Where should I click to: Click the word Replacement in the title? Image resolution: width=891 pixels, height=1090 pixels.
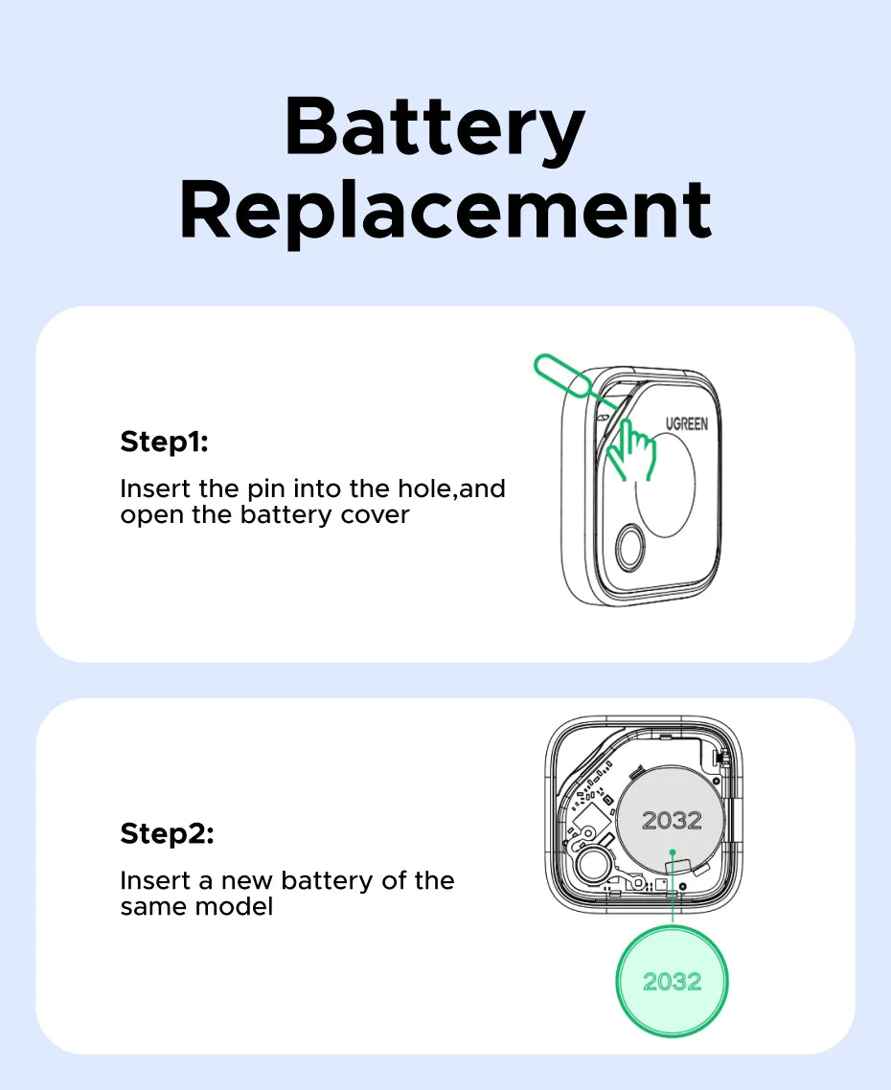coord(445,210)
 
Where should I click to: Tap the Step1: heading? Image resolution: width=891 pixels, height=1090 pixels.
coord(164,443)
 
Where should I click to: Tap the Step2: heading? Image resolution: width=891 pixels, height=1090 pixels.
coord(167,833)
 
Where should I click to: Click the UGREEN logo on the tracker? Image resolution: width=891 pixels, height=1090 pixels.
coord(687,423)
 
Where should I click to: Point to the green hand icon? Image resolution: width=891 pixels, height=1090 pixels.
coord(630,450)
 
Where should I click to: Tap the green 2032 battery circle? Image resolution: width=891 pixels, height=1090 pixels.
coord(672,981)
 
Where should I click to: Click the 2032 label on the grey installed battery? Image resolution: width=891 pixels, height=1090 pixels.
coord(672,821)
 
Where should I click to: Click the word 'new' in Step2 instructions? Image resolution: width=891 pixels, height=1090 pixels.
coord(247,881)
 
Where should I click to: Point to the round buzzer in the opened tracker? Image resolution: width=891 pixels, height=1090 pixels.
coord(594,864)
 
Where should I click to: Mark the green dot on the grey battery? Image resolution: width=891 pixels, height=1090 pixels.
coord(672,852)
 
